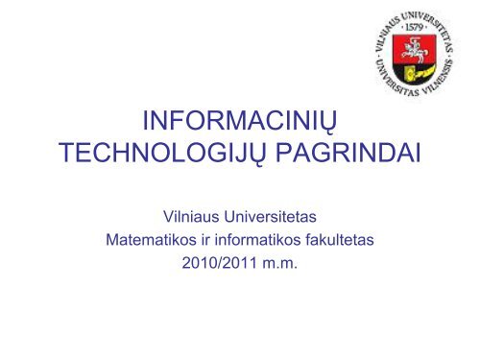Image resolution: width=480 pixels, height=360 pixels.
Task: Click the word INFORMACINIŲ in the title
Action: tap(240, 121)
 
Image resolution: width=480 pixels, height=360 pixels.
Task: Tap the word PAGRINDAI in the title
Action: tap(348, 153)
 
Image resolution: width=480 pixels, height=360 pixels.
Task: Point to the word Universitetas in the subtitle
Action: tap(271, 217)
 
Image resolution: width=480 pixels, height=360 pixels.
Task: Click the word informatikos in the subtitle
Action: tap(257, 240)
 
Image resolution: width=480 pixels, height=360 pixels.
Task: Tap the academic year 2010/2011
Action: tap(220, 263)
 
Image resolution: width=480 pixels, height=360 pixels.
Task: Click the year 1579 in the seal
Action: tap(414, 27)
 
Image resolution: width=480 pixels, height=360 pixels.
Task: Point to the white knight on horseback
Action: tap(413, 49)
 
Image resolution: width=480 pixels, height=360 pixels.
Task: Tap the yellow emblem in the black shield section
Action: tap(416, 73)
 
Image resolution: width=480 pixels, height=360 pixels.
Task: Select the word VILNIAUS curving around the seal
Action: tap(385, 33)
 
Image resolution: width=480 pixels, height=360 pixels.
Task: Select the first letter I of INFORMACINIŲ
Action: tap(145, 121)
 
